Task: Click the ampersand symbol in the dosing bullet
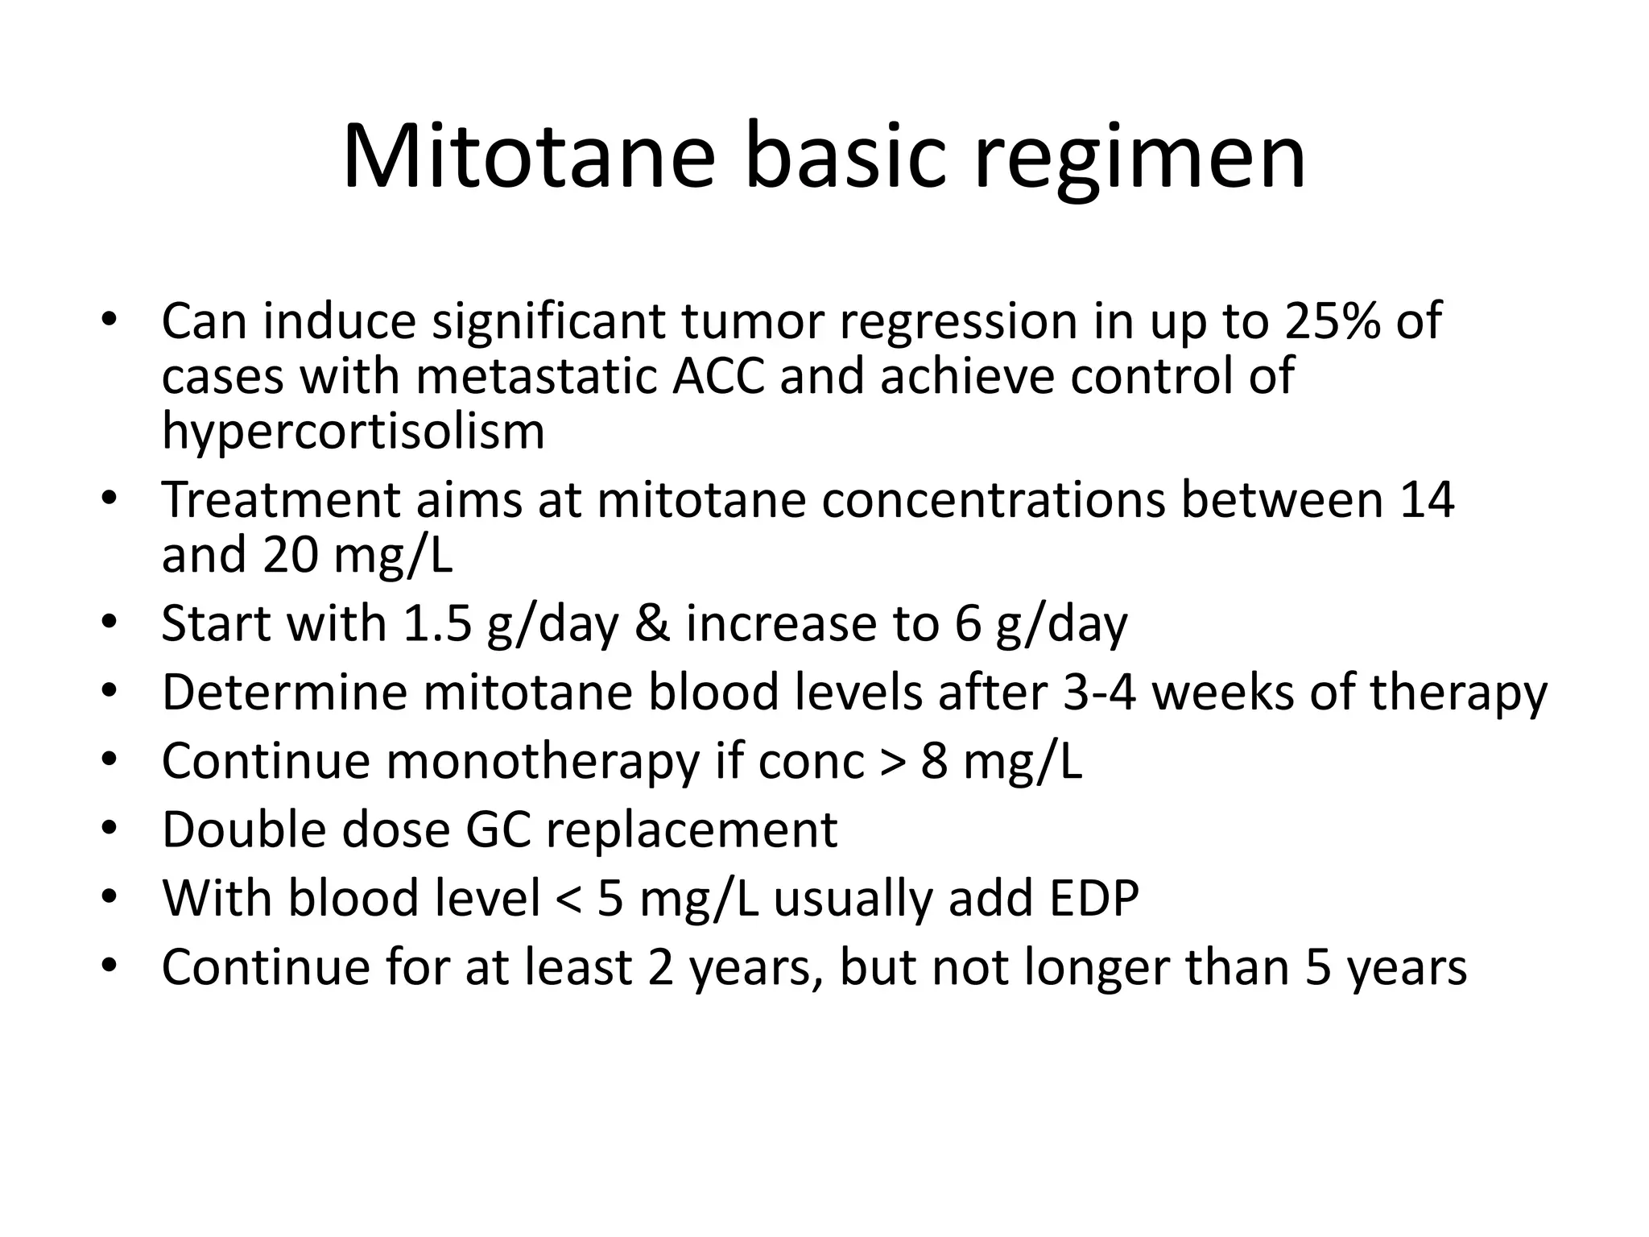tap(651, 624)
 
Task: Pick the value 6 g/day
tap(1041, 624)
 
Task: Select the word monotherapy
tap(543, 761)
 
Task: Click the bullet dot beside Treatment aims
tap(110, 499)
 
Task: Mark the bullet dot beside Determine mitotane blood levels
tap(110, 692)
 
